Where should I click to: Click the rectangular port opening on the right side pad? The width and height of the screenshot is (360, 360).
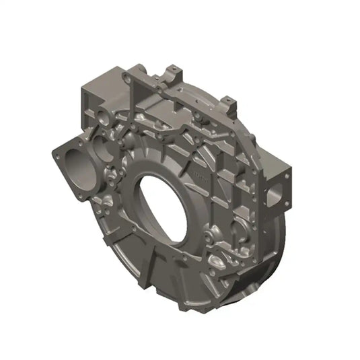[x=275, y=196]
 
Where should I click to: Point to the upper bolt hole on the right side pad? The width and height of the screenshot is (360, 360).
[x=287, y=176]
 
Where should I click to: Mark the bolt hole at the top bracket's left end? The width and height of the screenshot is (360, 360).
[x=126, y=78]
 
